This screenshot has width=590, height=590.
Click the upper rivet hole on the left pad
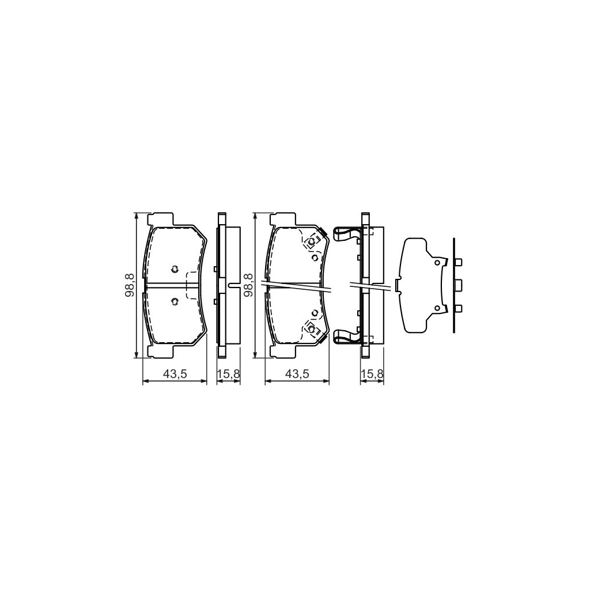click(x=174, y=268)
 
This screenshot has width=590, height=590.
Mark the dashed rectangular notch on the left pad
click(x=192, y=285)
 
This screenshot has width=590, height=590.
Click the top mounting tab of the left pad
click(x=161, y=220)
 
